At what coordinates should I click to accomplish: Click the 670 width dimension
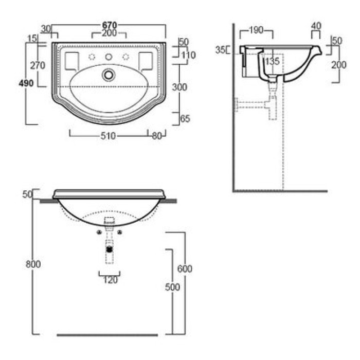110,25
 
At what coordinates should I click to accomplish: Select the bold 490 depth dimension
26,83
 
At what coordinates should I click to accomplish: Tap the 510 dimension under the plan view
108,136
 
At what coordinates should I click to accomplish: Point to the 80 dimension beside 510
157,136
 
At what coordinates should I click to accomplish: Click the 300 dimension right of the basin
179,87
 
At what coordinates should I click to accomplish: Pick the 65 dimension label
185,119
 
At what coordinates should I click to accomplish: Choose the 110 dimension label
189,55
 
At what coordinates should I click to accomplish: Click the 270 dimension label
38,66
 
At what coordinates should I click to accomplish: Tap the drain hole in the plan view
109,75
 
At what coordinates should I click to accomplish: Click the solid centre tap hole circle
109,57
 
